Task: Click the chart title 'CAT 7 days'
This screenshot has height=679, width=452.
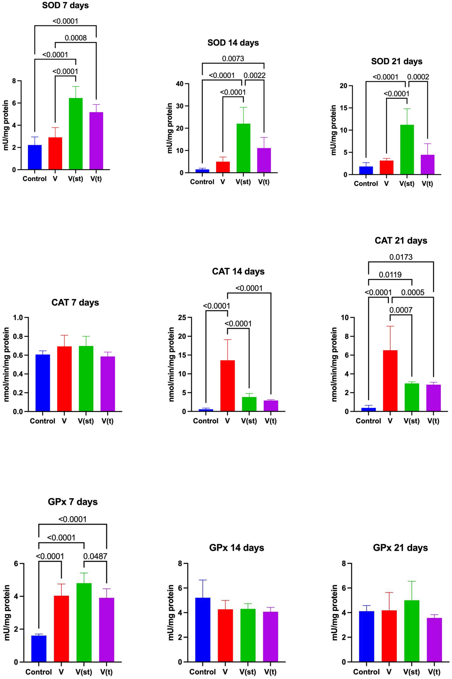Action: point(75,303)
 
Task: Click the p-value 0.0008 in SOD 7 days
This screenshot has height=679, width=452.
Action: point(76,38)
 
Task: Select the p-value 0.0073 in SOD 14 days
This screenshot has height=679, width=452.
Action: point(233,59)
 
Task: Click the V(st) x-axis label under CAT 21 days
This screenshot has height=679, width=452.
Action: point(411,421)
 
